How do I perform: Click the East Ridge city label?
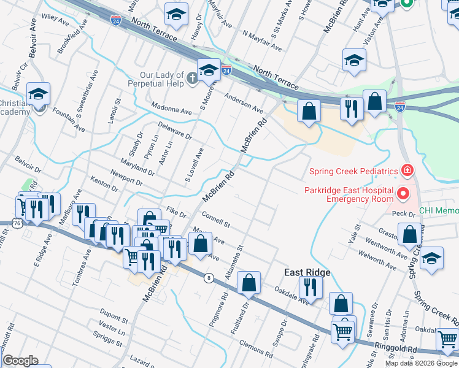307,272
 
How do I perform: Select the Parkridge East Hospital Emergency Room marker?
403,195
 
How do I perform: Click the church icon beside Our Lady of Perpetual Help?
191,78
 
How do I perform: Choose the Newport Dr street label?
126,178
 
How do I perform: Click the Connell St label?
215,218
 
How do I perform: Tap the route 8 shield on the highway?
209,278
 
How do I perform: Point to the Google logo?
20,361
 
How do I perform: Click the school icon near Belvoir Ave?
38,94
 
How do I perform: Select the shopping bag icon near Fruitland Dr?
249,283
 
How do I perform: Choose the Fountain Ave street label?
69,121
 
